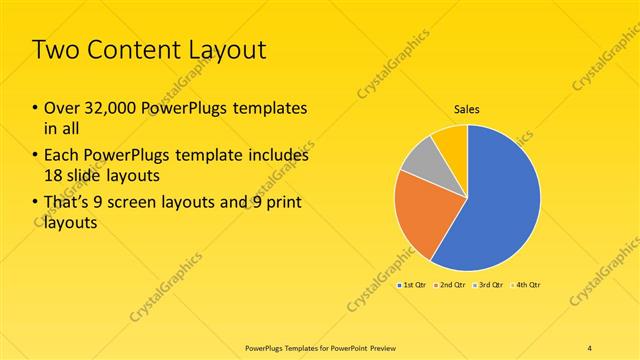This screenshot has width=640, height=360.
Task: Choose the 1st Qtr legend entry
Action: click(414, 286)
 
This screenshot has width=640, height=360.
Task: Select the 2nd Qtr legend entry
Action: click(450, 286)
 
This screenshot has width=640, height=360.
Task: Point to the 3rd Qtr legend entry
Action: click(488, 286)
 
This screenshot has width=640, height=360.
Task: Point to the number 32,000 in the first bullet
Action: click(107, 107)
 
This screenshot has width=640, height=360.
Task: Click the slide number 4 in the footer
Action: click(590, 347)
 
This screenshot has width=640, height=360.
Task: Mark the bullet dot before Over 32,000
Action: click(35, 108)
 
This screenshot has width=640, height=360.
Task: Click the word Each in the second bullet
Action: click(61, 156)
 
